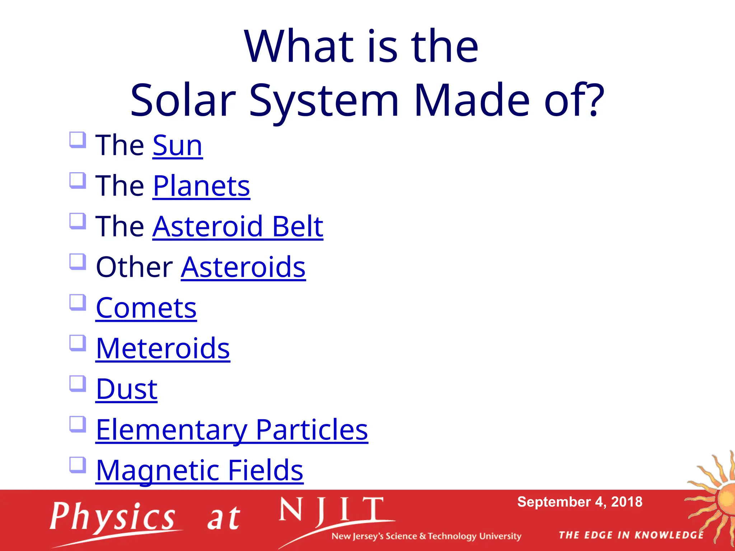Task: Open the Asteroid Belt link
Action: point(238,227)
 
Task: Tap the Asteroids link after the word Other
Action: point(243,267)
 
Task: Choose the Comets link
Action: point(146,308)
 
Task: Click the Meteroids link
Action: point(163,349)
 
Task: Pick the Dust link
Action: point(126,389)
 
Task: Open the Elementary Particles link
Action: point(231,430)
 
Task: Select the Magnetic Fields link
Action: point(200,470)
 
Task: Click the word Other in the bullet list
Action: point(135,267)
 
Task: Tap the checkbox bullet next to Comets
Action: point(78,302)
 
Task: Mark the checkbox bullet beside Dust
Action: point(78,383)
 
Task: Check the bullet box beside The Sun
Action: point(78,140)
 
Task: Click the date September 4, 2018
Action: point(580,502)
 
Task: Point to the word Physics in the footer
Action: point(112,517)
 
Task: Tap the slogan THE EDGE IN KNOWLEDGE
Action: point(631,535)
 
